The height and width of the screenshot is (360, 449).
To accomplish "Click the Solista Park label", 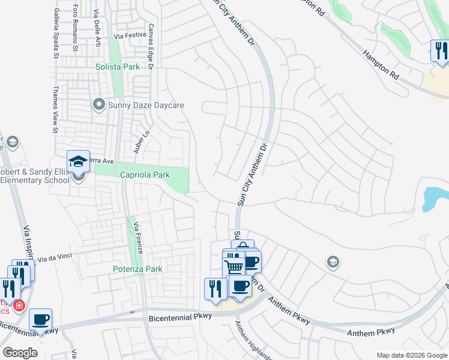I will [x=118, y=67].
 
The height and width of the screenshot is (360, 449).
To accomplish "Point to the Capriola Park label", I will [x=145, y=175].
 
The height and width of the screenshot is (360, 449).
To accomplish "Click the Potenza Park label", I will [x=137, y=269].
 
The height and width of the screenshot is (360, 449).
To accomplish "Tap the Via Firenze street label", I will [x=138, y=237].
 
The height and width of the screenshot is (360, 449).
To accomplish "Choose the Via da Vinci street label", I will [x=55, y=259].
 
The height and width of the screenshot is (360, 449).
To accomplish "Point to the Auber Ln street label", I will [x=140, y=142].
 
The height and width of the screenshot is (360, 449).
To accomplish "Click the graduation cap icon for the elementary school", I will [x=78, y=162].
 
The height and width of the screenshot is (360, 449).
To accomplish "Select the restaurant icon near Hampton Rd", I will [x=440, y=50].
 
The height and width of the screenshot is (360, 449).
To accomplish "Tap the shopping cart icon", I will [x=234, y=265].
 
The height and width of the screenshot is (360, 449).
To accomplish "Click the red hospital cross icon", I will [x=19, y=306].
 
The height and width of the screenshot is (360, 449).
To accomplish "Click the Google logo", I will [x=20, y=353].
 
